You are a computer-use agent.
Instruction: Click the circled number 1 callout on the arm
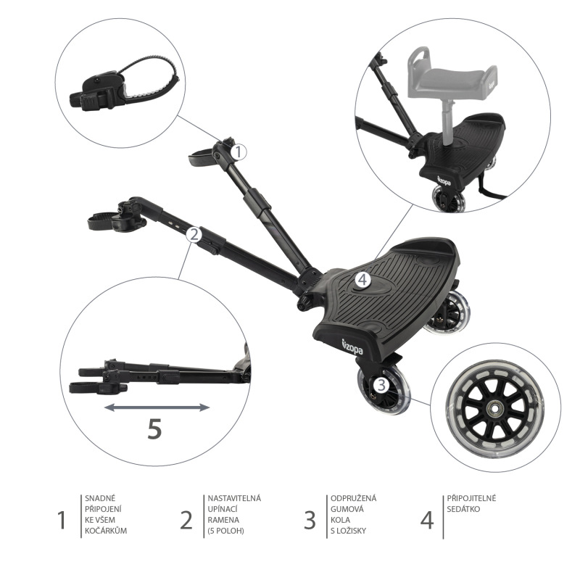pyautogui.click(x=240, y=152)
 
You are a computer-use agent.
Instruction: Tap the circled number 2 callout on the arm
pyautogui.click(x=193, y=233)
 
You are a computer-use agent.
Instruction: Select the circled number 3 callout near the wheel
pyautogui.click(x=381, y=384)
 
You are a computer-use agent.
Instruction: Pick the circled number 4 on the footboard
pyautogui.click(x=362, y=278)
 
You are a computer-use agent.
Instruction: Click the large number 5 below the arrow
pyautogui.click(x=154, y=429)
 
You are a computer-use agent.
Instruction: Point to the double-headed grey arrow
pyautogui.click(x=157, y=407)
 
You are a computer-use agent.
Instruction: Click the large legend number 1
pyautogui.click(x=63, y=520)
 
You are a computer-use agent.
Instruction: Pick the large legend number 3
pyautogui.click(x=310, y=520)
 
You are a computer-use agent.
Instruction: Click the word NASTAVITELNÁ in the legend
pyautogui.click(x=234, y=498)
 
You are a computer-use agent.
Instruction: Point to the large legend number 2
pyautogui.click(x=187, y=520)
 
